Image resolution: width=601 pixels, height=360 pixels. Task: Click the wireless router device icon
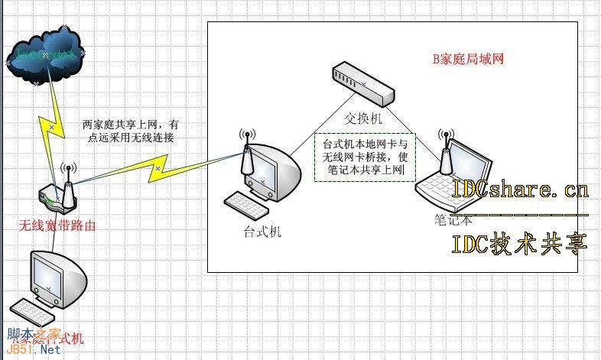(x=57, y=198)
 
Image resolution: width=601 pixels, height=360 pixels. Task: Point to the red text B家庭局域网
(x=469, y=58)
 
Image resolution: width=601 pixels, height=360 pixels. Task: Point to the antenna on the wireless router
(x=67, y=180)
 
